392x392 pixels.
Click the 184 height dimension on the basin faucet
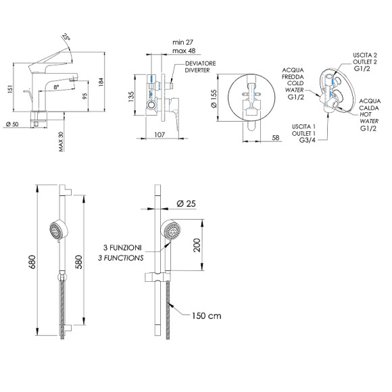(x=101, y=82)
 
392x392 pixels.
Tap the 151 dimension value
(x=10, y=89)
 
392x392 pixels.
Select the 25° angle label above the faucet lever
(x=66, y=36)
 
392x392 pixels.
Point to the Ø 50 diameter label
(x=12, y=124)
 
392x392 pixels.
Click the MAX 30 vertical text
(x=61, y=141)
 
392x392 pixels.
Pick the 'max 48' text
(x=184, y=51)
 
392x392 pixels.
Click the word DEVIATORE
(x=200, y=64)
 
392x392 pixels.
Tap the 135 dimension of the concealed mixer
(x=131, y=97)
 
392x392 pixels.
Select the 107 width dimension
(x=160, y=134)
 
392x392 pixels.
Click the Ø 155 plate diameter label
(x=214, y=99)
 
